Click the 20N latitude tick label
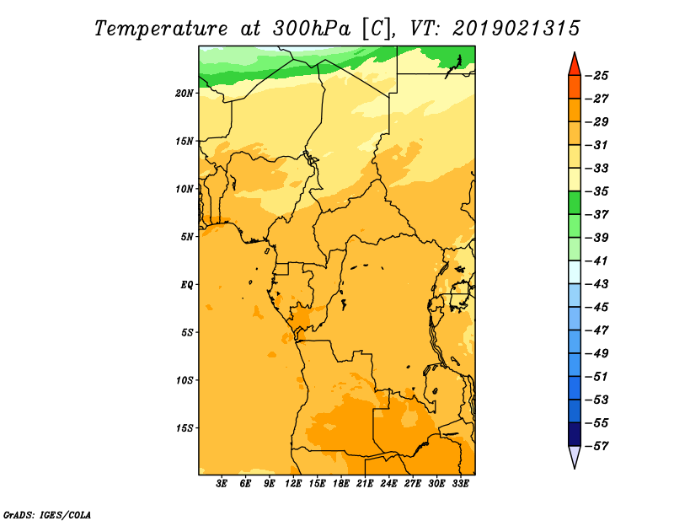(x=185, y=94)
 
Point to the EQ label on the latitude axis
(x=187, y=285)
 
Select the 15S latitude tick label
(x=185, y=428)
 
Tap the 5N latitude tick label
(x=187, y=237)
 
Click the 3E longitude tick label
(x=221, y=484)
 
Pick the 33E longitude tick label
(x=460, y=484)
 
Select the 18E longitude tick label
(x=341, y=484)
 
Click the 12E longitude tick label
(x=293, y=484)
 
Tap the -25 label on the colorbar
(x=596, y=76)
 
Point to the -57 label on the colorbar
(x=596, y=446)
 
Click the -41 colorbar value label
(x=596, y=261)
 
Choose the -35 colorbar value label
(x=596, y=191)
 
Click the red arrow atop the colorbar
(x=575, y=66)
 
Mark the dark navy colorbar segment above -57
(x=575, y=434)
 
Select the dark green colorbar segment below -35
(x=575, y=203)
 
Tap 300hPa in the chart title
(x=312, y=29)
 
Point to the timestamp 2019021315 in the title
(x=516, y=29)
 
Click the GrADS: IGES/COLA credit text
(x=47, y=515)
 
